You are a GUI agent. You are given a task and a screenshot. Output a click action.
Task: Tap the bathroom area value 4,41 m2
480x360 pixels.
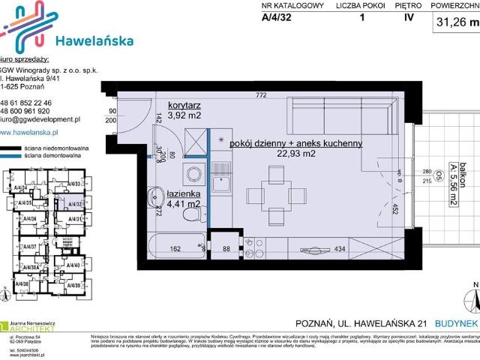(183, 203)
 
